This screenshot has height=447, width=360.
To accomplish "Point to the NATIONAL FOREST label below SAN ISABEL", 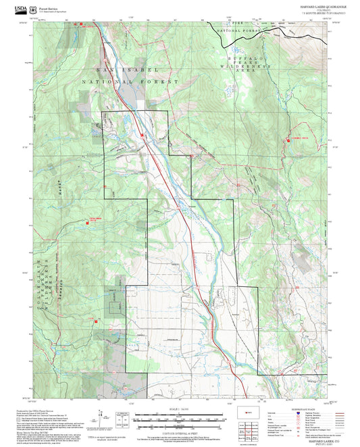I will pos(130,80).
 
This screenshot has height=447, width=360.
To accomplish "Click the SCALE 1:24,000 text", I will pos(179,409).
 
